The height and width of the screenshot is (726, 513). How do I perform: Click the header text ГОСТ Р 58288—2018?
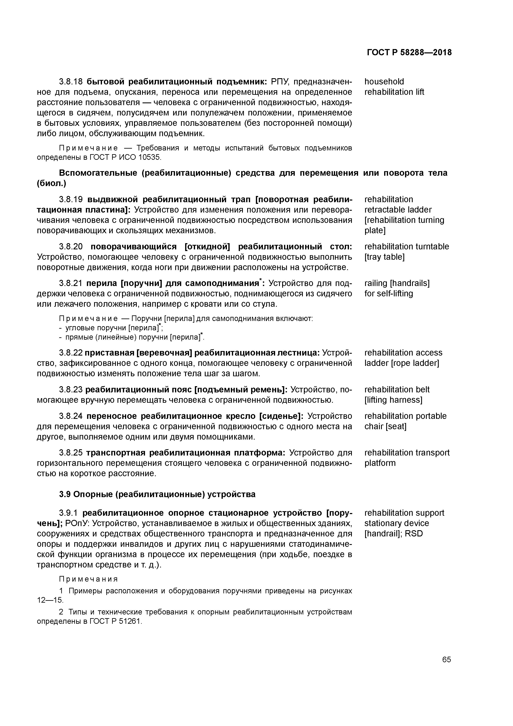tap(409, 53)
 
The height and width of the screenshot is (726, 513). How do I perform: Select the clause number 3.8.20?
tap(71, 247)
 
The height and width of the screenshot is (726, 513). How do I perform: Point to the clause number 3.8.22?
tap(71, 353)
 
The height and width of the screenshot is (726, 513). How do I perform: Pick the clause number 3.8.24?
tap(71, 416)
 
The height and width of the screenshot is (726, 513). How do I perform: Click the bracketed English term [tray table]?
tap(384, 257)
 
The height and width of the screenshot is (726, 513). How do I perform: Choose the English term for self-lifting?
tap(388, 294)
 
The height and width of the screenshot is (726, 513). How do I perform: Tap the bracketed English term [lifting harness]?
tap(393, 400)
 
